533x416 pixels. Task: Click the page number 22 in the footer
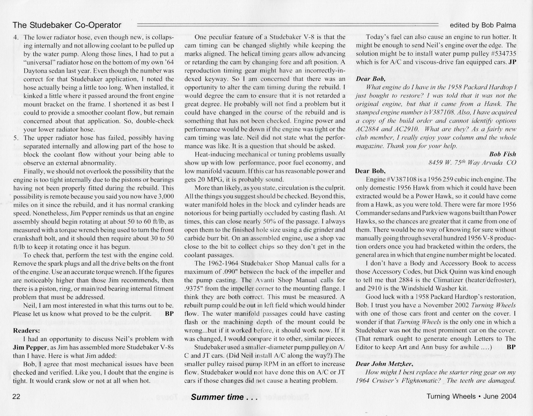[16, 397]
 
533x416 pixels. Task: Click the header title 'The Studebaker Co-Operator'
[67, 25]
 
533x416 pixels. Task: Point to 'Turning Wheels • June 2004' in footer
[471, 396]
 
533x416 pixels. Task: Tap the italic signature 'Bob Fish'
[503, 154]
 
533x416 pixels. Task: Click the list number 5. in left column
[16, 138]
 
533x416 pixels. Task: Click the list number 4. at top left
[16, 37]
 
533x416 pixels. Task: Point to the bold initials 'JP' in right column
[512, 62]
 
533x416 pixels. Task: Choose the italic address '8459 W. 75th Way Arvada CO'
[472, 162]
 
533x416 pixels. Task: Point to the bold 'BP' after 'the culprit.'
[169, 314]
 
